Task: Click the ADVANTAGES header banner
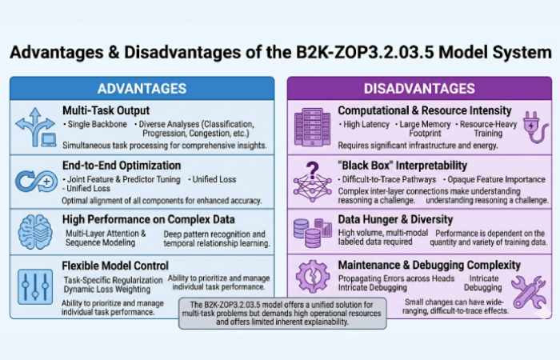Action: click(x=142, y=89)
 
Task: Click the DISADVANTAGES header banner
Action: click(x=418, y=89)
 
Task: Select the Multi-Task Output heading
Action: click(x=106, y=110)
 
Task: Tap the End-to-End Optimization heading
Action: click(x=121, y=166)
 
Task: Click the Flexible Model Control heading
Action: click(x=115, y=265)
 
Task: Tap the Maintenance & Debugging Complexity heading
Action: click(x=430, y=265)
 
